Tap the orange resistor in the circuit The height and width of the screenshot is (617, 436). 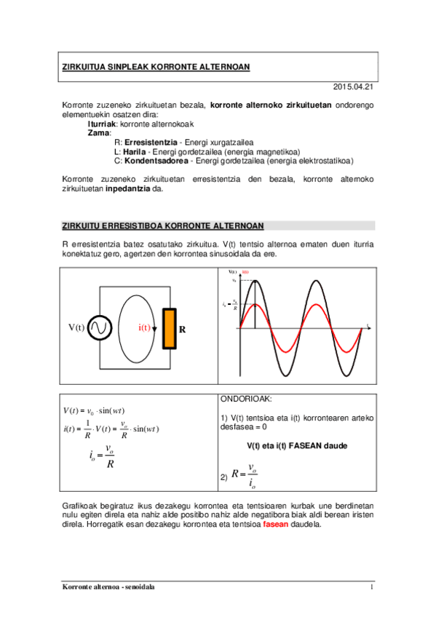(169, 328)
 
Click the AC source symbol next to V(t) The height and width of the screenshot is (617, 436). (99, 328)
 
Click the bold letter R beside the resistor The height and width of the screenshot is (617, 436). (183, 329)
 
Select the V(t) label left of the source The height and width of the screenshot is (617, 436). (76, 328)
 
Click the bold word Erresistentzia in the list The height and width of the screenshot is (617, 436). (151, 141)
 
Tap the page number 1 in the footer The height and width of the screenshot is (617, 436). (371, 586)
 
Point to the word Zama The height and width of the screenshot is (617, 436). (98, 132)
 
